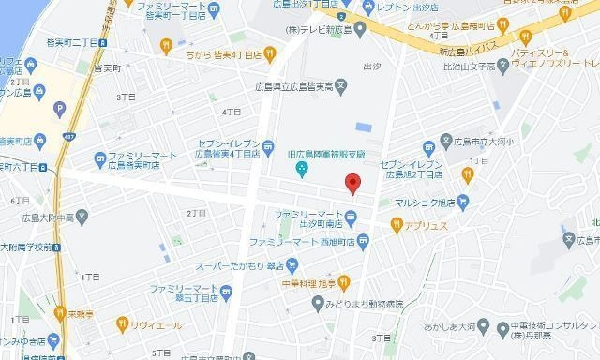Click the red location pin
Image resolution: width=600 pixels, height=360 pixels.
tap(352, 183)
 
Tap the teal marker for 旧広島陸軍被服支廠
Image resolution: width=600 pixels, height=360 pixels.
tap(302, 170)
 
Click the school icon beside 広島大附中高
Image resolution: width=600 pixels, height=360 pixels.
tap(82, 219)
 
